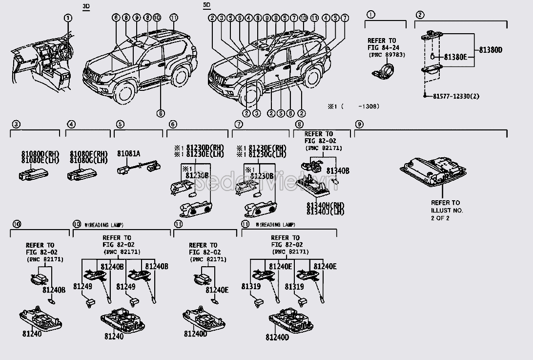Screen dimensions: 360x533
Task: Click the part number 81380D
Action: pyautogui.click(x=491, y=50)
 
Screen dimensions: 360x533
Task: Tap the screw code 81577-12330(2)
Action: pyautogui.click(x=456, y=96)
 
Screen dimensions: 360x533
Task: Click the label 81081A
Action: pyautogui.click(x=128, y=153)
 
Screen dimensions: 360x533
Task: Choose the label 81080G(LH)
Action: pyautogui.click(x=88, y=160)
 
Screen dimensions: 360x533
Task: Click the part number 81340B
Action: pyautogui.click(x=338, y=170)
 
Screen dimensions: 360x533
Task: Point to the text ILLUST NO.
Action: pyautogui.click(x=447, y=210)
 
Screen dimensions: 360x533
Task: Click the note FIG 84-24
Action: pyautogui.click(x=382, y=48)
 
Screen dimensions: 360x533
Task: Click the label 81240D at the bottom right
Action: pyautogui.click(x=277, y=337)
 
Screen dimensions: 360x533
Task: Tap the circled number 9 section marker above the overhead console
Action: pyautogui.click(x=359, y=125)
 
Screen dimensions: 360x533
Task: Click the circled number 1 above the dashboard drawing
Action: pyautogui.click(x=68, y=18)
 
